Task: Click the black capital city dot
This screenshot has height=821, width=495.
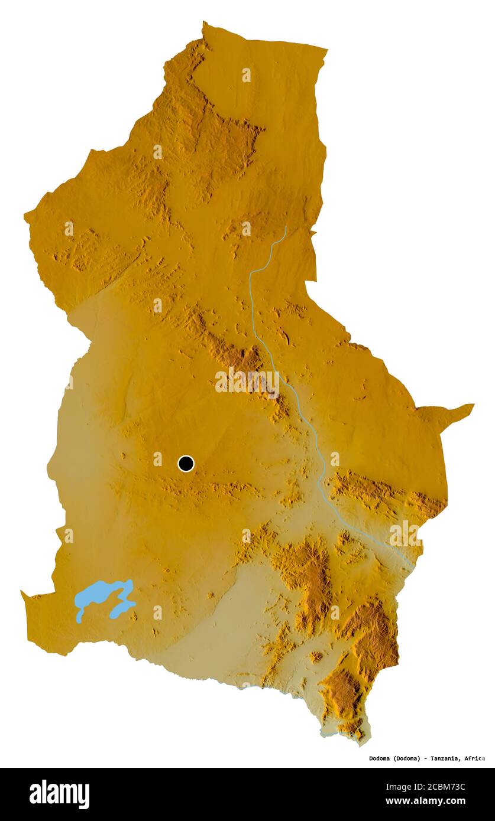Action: coord(186,464)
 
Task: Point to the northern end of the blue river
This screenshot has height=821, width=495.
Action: coord(286,227)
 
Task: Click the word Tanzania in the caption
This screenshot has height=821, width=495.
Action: coord(445,758)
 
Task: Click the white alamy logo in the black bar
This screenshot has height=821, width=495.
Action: coord(59,794)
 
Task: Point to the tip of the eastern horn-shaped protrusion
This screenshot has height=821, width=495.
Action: coord(473,405)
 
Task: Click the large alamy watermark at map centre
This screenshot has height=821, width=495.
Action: coord(247,382)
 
